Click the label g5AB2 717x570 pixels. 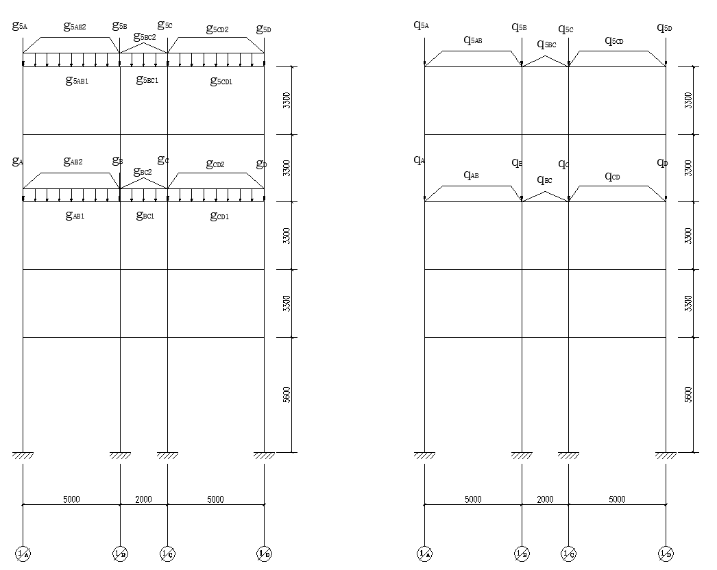point(75,27)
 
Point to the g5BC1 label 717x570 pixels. point(147,80)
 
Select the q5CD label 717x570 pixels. point(614,41)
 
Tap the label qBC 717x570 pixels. point(544,180)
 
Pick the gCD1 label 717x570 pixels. point(219,216)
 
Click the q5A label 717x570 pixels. point(421,25)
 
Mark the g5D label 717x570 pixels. point(264,29)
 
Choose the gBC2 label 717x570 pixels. point(143,171)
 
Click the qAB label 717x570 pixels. point(471,175)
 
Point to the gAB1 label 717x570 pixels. point(75,216)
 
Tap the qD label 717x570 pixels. point(662,163)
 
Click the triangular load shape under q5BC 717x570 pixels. point(546,62)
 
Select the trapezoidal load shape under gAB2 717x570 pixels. point(71,181)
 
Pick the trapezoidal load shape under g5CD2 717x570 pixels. point(217,45)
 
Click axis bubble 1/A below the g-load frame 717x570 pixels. point(23,554)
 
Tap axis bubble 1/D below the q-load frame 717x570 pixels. point(666,554)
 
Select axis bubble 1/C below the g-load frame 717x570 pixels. point(167,554)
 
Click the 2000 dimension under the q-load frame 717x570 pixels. point(545,499)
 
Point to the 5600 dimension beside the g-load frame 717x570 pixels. point(287,395)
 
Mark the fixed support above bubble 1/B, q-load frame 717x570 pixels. point(522,456)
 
